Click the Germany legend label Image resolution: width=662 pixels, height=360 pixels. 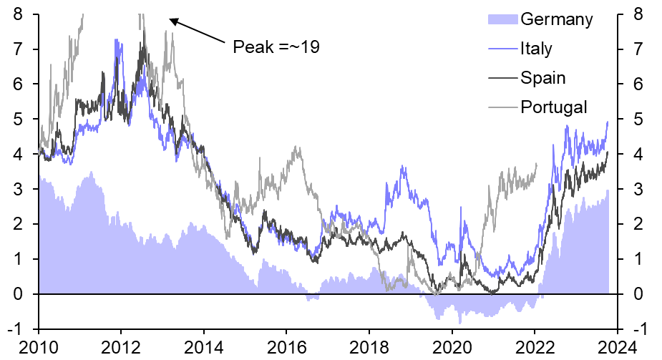557,19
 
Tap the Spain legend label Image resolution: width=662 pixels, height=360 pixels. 543,78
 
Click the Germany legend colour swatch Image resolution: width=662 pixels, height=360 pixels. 502,19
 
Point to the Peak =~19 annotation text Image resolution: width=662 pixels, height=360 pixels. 276,47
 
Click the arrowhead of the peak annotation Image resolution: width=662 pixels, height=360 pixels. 172,20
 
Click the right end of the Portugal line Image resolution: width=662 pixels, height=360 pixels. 536,164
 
